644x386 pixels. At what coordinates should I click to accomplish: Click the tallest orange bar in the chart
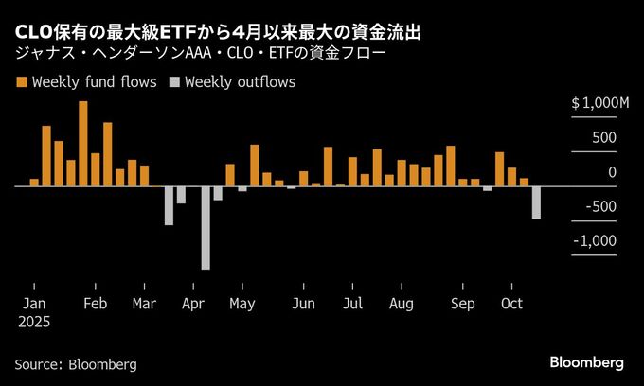coord(83,144)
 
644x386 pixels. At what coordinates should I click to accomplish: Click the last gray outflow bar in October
coord(536,202)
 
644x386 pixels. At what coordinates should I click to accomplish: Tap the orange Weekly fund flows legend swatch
coord(21,82)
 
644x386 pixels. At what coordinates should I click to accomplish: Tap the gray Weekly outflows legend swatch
coord(174,82)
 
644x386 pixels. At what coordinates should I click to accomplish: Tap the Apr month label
coord(192,305)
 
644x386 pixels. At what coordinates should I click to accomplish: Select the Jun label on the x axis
coord(303,305)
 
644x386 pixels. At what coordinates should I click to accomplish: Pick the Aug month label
coord(401,305)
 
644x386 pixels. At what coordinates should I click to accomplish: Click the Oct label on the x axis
coord(511,305)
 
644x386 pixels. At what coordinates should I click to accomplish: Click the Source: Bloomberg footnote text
coord(76,364)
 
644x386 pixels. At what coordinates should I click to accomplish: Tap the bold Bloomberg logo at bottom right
coord(587,363)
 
